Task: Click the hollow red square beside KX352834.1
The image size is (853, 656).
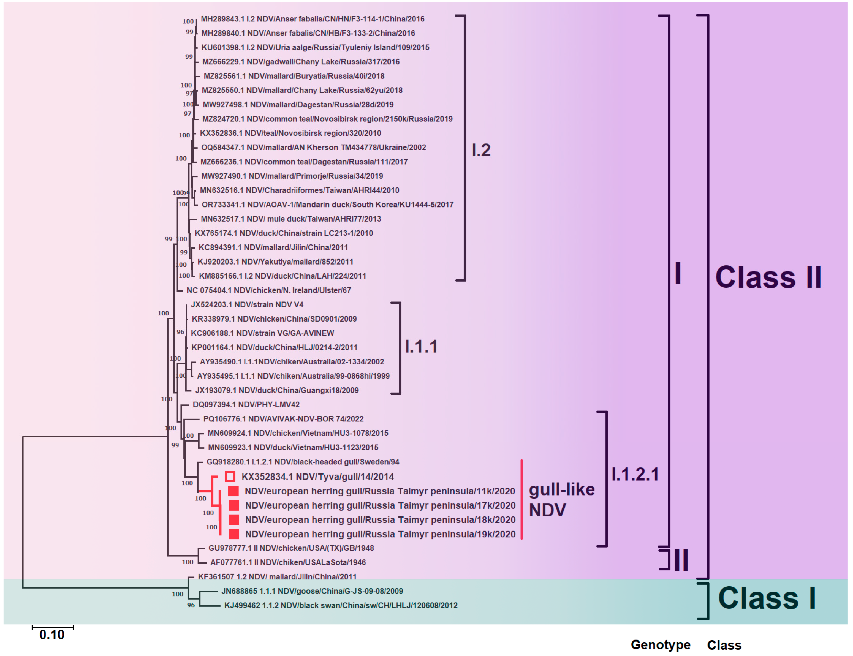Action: tap(230, 477)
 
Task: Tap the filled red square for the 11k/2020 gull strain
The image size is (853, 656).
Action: tap(233, 491)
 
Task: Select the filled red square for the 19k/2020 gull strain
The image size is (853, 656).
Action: tap(233, 534)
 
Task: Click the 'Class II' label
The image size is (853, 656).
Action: tap(768, 277)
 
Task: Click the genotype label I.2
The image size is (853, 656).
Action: tap(481, 150)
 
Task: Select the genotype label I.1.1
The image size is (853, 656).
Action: tap(421, 346)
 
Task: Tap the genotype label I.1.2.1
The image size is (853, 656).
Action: tap(635, 474)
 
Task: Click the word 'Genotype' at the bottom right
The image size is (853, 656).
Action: tap(661, 645)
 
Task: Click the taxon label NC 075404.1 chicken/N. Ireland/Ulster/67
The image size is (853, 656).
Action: tap(268, 290)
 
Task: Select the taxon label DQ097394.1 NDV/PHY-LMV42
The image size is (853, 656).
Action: tap(246, 405)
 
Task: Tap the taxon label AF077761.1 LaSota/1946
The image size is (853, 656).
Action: tap(288, 562)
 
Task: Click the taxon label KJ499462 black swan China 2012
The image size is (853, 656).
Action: tap(341, 605)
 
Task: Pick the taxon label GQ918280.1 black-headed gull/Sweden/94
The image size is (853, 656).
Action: tap(303, 462)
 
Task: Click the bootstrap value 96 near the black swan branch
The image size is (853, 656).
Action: tap(191, 605)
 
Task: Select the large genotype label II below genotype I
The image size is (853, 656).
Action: tap(681, 560)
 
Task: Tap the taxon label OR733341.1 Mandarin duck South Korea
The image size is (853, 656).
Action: tap(327, 205)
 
